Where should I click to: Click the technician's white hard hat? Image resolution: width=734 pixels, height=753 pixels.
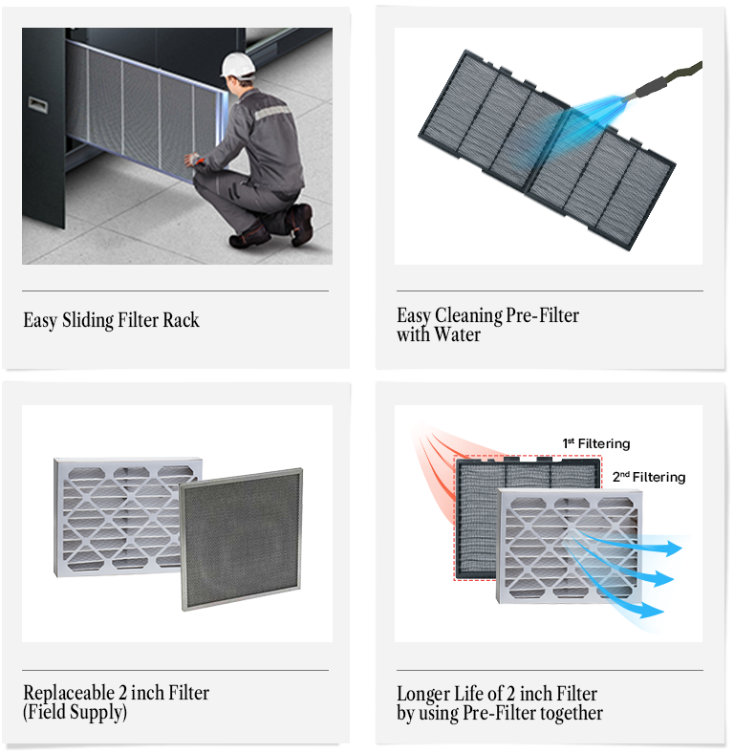point(238,64)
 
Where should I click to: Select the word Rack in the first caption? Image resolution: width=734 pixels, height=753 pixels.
point(181,320)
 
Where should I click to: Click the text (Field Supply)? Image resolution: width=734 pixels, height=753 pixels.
point(75,712)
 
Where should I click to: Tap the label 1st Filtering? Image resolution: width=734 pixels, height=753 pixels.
point(595,443)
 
